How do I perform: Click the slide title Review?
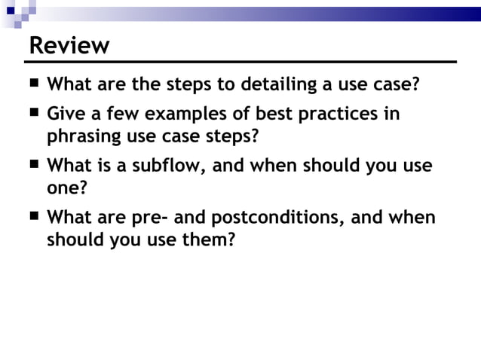point(69,45)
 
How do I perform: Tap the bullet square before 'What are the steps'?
point(35,82)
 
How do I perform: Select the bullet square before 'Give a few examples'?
point(35,113)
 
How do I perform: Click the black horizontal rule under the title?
point(241,61)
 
